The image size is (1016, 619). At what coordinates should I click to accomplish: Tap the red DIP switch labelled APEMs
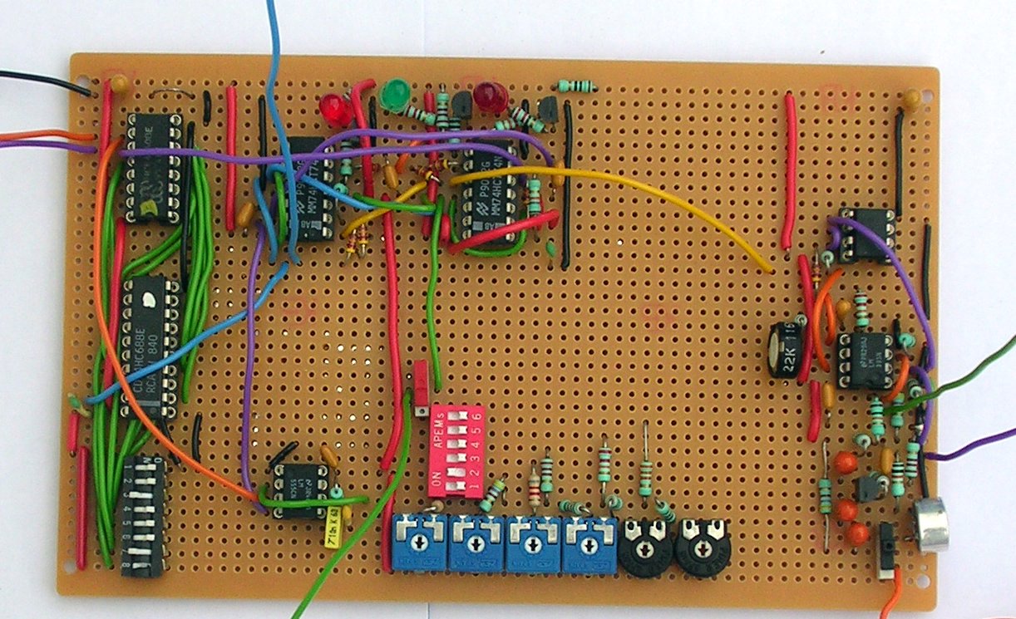tap(455, 450)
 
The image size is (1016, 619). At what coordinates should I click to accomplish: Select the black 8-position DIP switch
tap(143, 515)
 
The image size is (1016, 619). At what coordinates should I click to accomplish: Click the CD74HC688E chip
tap(150, 347)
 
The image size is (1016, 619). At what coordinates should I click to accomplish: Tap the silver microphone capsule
tap(932, 525)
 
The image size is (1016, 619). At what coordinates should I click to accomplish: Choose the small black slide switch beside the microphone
tap(886, 548)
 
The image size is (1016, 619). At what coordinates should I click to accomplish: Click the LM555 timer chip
tap(298, 489)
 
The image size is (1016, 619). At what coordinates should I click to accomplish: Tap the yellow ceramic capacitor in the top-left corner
tap(119, 83)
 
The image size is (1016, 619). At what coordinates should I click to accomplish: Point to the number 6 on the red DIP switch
tap(476, 415)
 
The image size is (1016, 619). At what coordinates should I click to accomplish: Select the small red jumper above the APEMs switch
tap(422, 377)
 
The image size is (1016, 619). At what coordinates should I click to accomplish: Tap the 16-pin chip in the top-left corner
tap(154, 167)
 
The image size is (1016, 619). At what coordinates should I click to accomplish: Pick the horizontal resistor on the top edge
tap(576, 86)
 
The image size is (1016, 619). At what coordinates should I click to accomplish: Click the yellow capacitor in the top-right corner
tap(911, 99)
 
